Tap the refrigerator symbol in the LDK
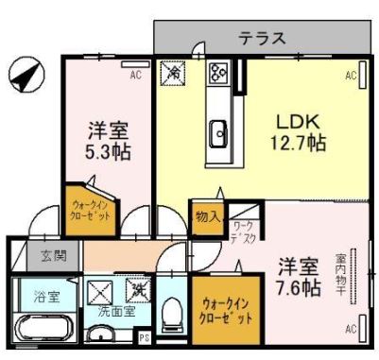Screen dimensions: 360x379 173,72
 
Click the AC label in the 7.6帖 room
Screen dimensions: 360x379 350,329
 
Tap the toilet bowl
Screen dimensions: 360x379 173,314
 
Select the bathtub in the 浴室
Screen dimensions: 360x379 41,332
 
